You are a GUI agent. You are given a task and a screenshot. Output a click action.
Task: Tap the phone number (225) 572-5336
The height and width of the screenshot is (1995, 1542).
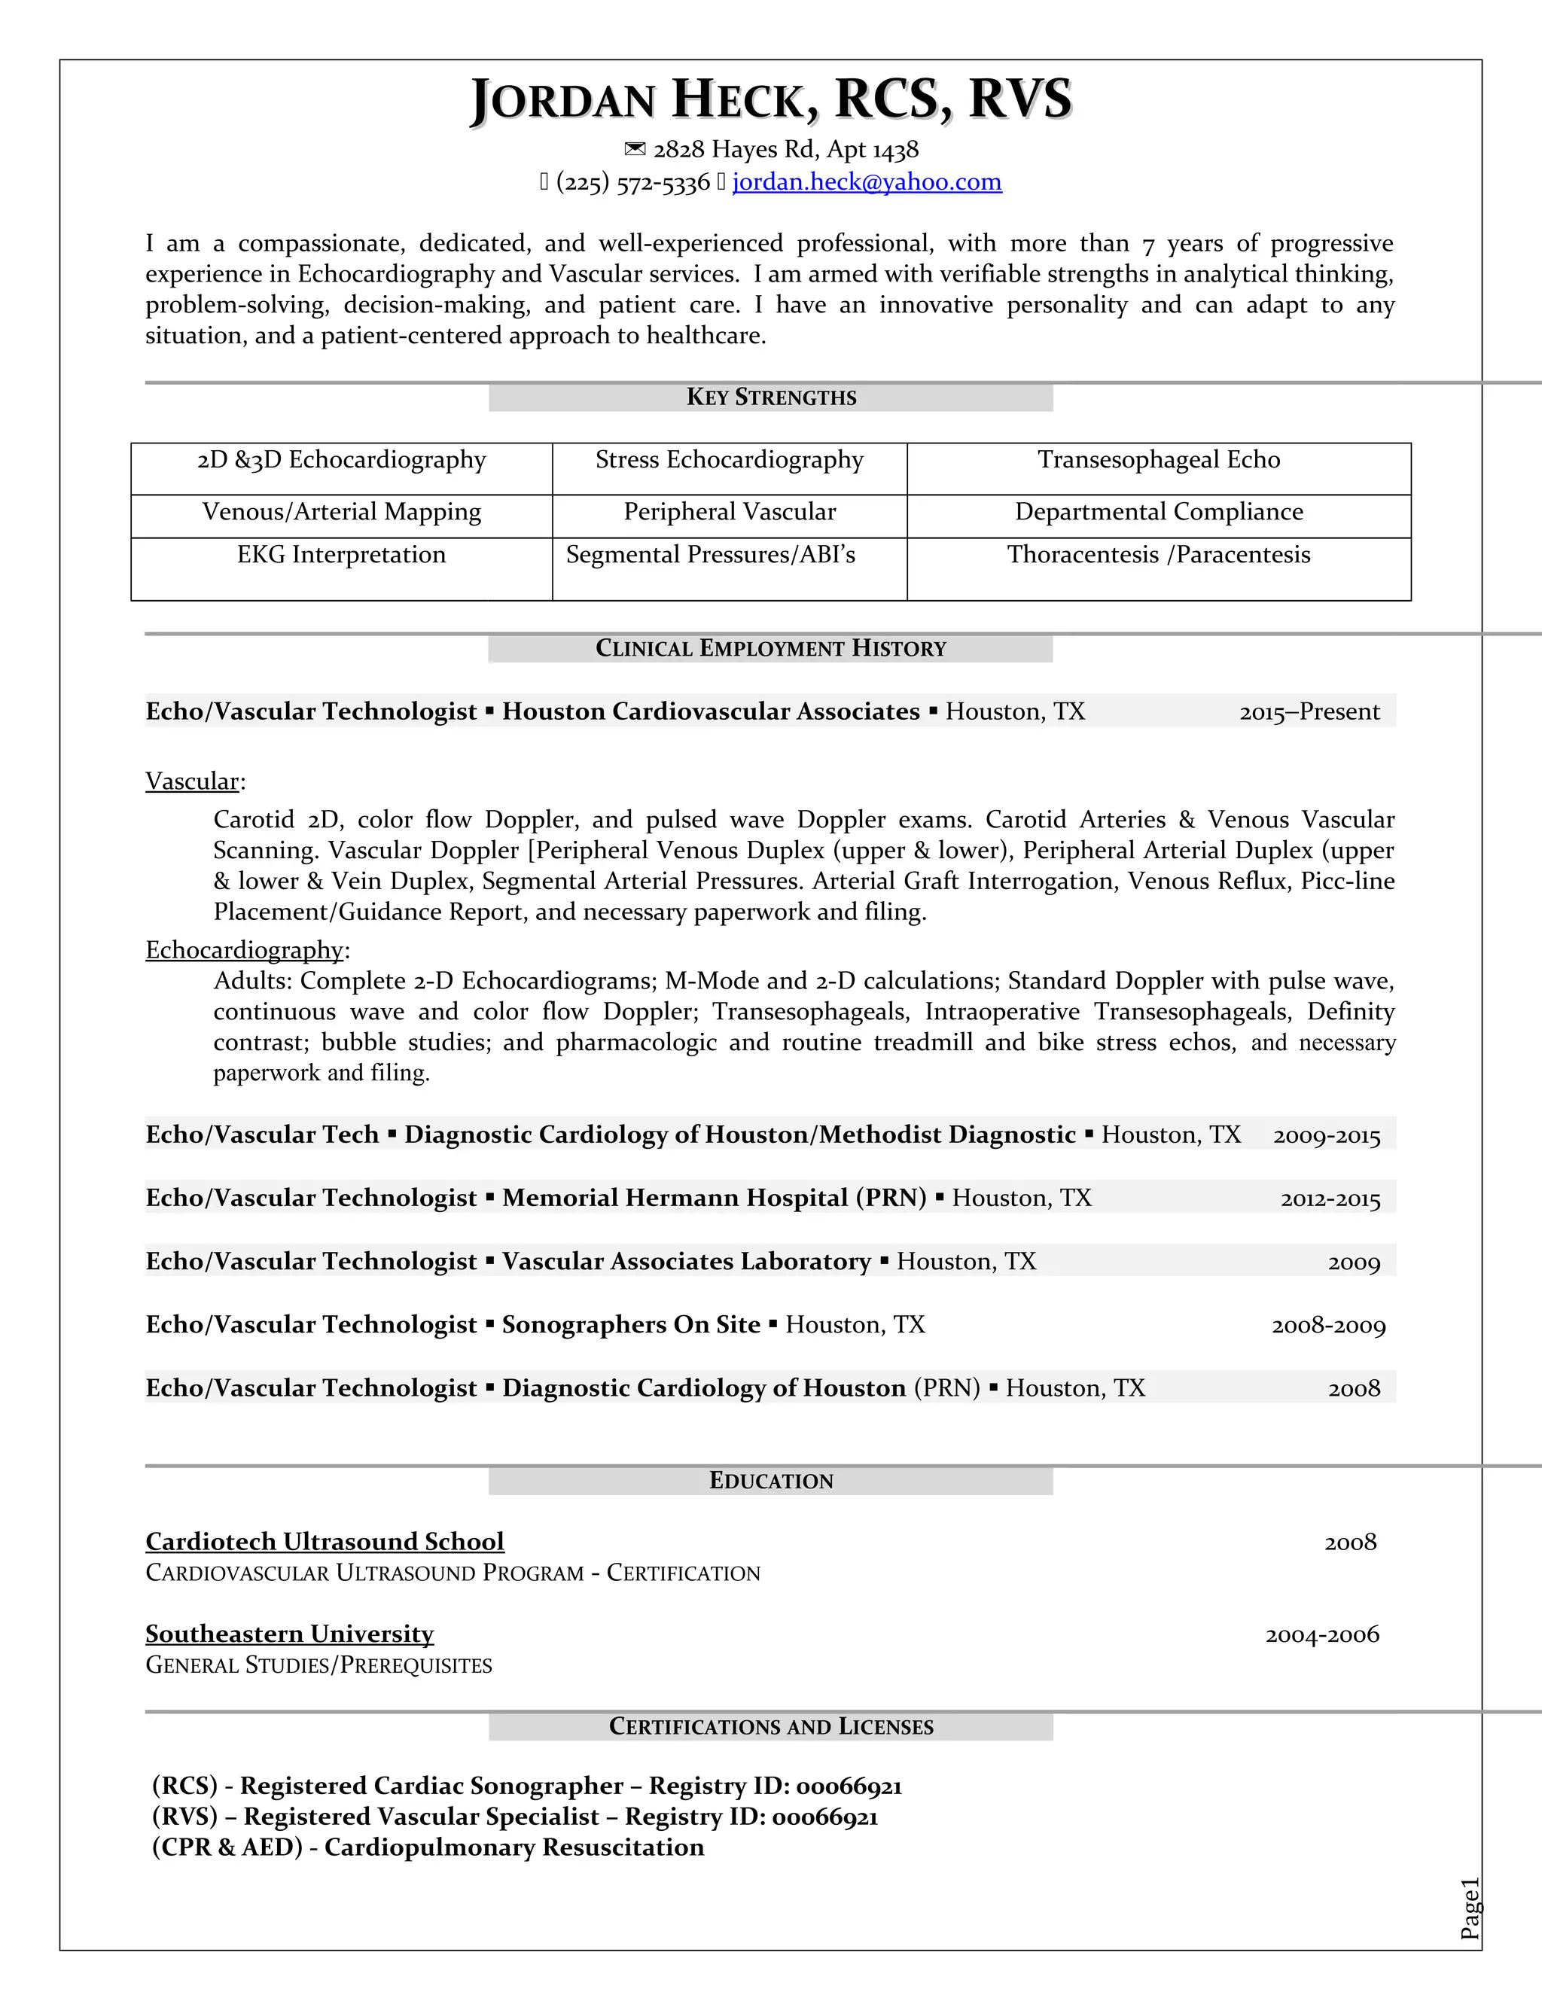(x=632, y=183)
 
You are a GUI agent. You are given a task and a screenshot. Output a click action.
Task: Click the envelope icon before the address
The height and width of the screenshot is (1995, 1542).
(x=634, y=149)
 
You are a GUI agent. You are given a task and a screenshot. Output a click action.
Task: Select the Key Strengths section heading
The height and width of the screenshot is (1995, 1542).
(x=771, y=397)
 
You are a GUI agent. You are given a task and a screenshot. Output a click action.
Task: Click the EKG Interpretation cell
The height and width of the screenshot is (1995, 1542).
(x=341, y=555)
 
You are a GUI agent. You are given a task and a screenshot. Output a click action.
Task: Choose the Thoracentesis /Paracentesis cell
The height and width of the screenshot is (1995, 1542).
(x=1158, y=555)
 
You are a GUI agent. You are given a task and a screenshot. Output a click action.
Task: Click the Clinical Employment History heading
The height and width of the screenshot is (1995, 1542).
(x=771, y=648)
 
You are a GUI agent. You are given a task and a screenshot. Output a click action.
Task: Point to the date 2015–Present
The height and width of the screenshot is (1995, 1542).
(x=1309, y=711)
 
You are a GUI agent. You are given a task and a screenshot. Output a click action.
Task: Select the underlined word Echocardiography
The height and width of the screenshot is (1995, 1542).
(x=244, y=950)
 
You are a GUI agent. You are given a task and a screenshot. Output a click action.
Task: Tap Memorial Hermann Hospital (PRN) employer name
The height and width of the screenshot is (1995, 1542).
(x=715, y=1198)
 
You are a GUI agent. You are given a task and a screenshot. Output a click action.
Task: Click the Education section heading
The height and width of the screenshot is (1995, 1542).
(x=771, y=1481)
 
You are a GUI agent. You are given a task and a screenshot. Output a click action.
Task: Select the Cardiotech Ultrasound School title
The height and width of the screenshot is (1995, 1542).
(x=325, y=1542)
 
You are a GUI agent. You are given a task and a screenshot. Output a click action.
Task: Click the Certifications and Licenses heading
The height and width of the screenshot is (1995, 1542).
(x=771, y=1726)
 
